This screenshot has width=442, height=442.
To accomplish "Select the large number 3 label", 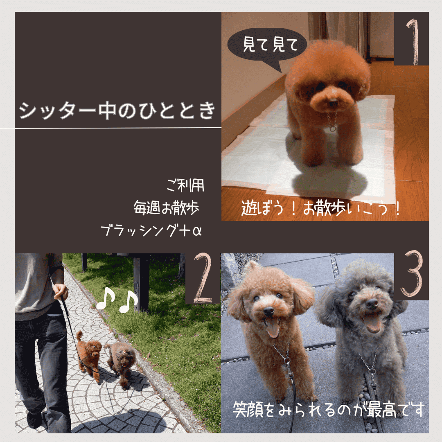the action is pos(412,273).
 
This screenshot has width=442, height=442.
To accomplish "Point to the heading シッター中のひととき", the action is pos(117,110).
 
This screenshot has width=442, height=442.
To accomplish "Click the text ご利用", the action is pos(185,185).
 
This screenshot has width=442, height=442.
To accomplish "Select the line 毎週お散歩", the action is pos(166,208).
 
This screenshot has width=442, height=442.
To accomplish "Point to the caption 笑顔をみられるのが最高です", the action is pos(328,410).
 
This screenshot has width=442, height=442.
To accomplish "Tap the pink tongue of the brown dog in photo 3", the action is pos(273,329).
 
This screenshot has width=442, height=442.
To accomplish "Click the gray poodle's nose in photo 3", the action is pos(372,304).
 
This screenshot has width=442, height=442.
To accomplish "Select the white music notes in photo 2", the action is pos(117,300).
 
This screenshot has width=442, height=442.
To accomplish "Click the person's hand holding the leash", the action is pos(61,291).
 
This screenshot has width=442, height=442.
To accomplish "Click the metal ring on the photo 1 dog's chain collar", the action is pos(333,129).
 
